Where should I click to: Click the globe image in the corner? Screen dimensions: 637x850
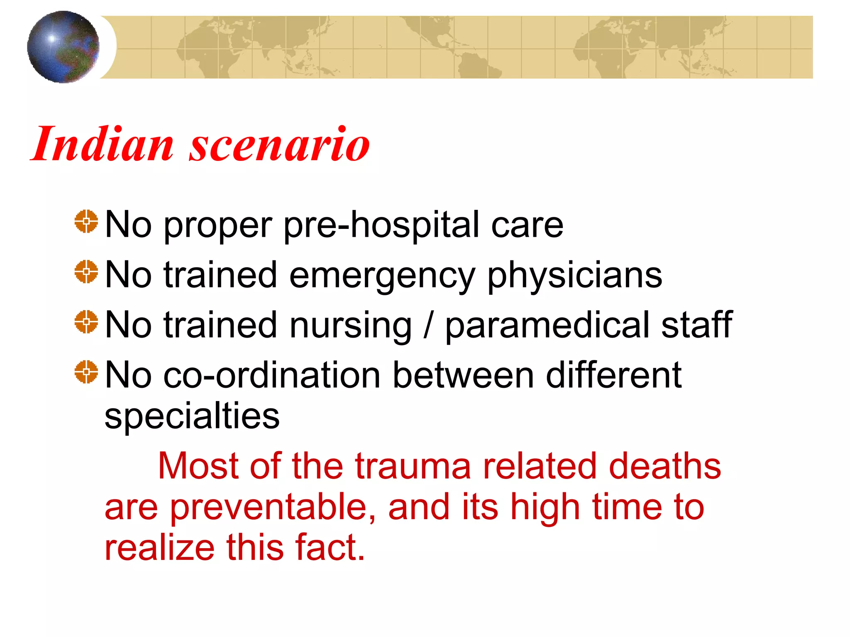[x=63, y=47]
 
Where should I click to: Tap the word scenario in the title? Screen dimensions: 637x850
[x=279, y=144]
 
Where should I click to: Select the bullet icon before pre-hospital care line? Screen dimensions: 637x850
[x=86, y=222]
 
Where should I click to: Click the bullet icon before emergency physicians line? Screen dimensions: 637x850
[x=86, y=272]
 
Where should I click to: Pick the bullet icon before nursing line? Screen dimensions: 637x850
[x=86, y=322]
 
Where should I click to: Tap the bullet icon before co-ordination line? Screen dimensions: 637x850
[x=86, y=372]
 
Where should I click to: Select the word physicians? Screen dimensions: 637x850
[x=574, y=276]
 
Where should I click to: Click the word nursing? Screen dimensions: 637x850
[x=350, y=326]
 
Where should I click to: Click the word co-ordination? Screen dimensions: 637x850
[x=272, y=375]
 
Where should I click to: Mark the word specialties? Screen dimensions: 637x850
[x=192, y=416]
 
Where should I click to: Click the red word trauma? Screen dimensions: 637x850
[x=413, y=466]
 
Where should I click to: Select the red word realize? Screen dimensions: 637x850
[x=159, y=548]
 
